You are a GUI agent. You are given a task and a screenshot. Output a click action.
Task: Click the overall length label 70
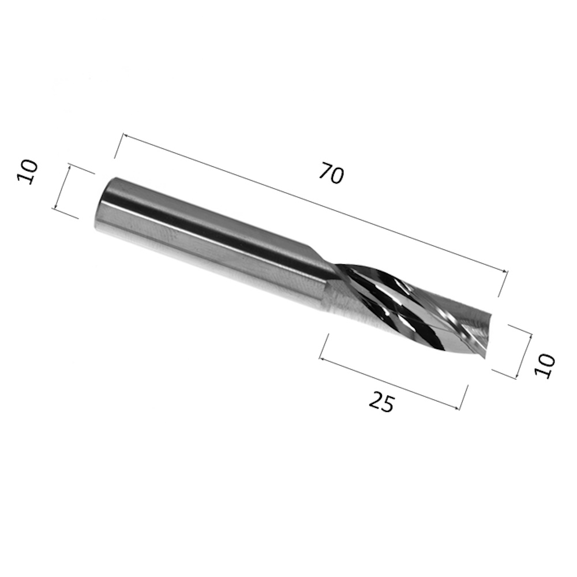coord(332,173)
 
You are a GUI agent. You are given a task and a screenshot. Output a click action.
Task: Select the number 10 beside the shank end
coord(27,172)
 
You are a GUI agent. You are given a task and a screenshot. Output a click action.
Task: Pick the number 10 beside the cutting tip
coord(545,365)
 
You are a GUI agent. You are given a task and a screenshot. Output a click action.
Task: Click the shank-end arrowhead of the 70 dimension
coord(125,137)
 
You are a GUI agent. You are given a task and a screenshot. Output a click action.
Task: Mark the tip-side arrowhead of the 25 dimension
coord(456,407)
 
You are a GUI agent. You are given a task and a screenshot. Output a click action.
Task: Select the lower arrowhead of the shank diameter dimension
coord(55,207)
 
